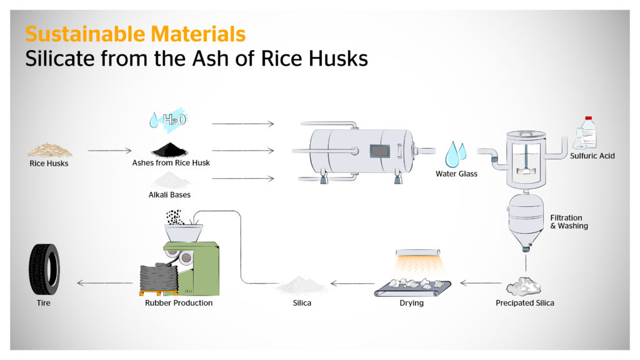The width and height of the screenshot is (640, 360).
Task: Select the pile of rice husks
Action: tap(50, 150)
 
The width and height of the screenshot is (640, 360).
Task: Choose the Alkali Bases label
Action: tap(170, 195)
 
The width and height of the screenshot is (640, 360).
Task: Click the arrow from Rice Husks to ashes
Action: tap(109, 151)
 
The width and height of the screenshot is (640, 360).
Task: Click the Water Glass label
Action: tap(456, 174)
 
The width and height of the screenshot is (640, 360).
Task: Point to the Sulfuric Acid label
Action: tap(592, 156)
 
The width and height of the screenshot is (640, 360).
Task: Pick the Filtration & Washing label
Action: tap(569, 222)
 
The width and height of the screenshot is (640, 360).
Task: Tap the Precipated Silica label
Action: tap(524, 303)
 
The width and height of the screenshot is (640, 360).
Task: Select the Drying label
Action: tap(412, 303)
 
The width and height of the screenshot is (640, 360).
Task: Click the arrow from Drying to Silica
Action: tap(352, 283)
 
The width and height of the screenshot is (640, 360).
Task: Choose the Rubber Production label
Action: tap(179, 303)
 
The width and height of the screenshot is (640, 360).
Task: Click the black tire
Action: tap(44, 269)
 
